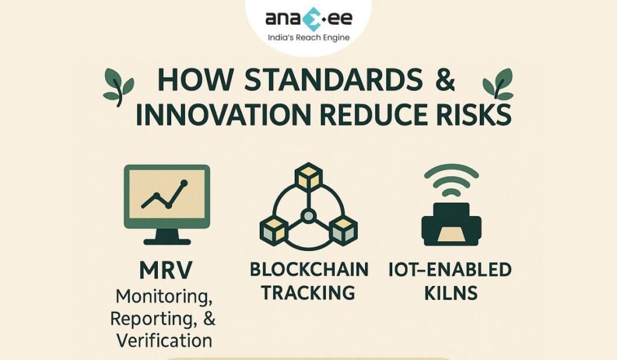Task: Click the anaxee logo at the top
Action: coord(308,19)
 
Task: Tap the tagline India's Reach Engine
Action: coord(308,38)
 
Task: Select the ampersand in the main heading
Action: coord(445,80)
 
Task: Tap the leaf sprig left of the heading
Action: coord(118,87)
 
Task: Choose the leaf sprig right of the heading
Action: coord(498,84)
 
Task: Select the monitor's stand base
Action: coord(167,241)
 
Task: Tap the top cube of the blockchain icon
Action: coord(308,177)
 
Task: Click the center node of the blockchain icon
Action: coord(308,215)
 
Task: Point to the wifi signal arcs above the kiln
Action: coord(451,180)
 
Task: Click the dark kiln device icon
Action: coord(451,224)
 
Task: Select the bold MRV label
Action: coord(166,271)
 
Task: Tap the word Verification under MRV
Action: coord(164,340)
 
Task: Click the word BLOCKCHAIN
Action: coord(309,270)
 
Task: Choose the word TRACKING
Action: coord(308,292)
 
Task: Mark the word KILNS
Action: coord(451,292)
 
